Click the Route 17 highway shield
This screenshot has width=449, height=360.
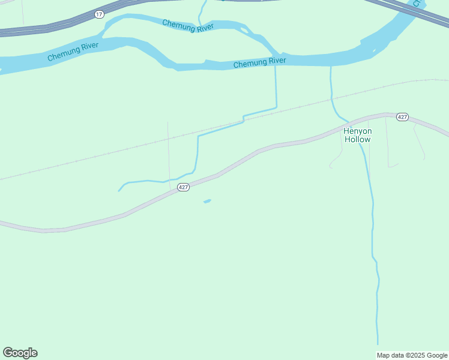pyautogui.click(x=99, y=13)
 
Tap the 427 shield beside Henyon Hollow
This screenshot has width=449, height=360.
pyautogui.click(x=403, y=117)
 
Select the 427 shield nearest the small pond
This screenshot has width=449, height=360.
pyautogui.click(x=184, y=187)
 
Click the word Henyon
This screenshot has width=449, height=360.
pyautogui.click(x=357, y=131)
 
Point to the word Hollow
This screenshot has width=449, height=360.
pyautogui.click(x=357, y=139)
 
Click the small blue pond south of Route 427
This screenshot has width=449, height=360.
pyautogui.click(x=207, y=201)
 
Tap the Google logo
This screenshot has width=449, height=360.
pyautogui.click(x=20, y=353)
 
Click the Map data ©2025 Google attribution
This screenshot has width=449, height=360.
pyautogui.click(x=412, y=355)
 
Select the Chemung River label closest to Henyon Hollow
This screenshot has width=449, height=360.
pyautogui.click(x=259, y=62)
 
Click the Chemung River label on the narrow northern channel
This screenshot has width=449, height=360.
pyautogui.click(x=188, y=27)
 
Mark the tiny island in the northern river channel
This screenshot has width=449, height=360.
pyautogui.click(x=243, y=28)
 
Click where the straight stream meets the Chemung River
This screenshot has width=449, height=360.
pyautogui.click(x=276, y=65)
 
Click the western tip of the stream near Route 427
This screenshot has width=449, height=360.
pyautogui.click(x=119, y=191)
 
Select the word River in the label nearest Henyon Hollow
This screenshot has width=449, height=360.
pyautogui.click(x=277, y=61)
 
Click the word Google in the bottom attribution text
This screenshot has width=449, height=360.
pyautogui.click(x=435, y=355)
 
